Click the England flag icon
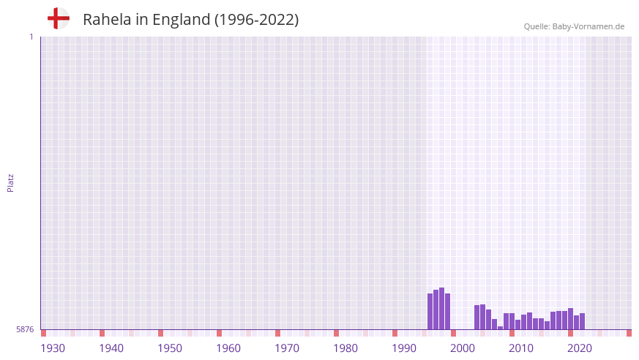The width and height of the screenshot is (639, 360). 58,18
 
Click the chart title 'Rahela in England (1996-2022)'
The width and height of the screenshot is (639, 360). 190,20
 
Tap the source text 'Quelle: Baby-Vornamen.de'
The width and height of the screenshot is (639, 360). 574,26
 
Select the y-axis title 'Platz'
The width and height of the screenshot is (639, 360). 10,182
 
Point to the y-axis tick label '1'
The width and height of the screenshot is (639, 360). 31,37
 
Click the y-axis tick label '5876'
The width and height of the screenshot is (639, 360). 25,330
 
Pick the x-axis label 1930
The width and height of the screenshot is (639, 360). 53,348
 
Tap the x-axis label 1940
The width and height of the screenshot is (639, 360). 111,348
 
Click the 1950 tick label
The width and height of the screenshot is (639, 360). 170,348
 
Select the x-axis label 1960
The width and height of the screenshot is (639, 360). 228,348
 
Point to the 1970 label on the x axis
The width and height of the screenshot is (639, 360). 287,348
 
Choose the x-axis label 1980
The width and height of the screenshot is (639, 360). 345,348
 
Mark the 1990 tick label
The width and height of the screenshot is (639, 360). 404,348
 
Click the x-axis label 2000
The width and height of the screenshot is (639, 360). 463,348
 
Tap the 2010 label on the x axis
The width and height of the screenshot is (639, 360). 521,348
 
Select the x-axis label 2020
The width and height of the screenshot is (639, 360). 580,348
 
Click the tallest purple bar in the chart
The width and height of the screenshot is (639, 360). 441,308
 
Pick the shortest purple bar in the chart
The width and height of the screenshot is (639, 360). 500,328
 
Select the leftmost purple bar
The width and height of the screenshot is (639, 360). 430,312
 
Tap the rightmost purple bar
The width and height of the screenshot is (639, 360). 582,321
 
